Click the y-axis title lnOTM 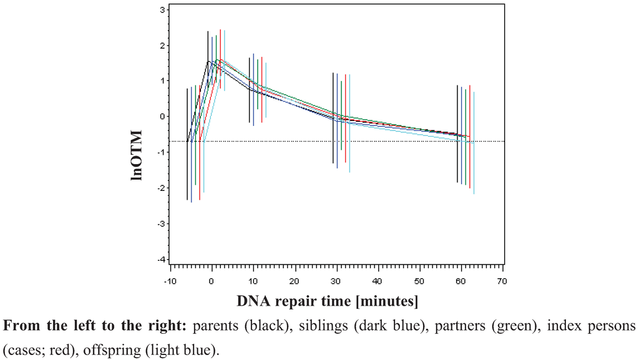138,155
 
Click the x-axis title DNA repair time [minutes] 327,301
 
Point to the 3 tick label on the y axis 163,10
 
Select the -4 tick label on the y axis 161,260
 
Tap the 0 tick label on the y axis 163,117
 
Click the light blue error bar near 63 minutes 474,144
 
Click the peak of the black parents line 208,61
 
